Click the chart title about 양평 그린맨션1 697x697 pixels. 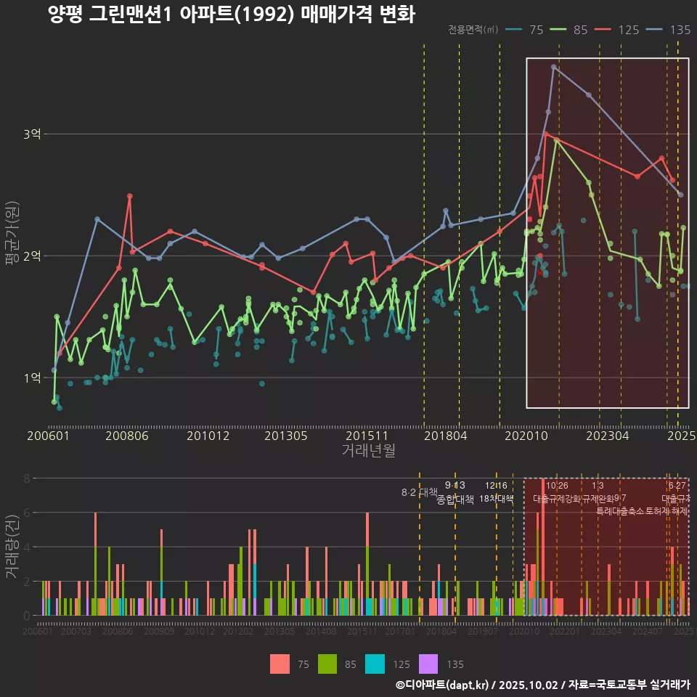pyautogui.click(x=231, y=15)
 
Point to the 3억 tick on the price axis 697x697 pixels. pyautogui.click(x=32, y=134)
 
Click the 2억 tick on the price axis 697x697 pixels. pyautogui.click(x=32, y=256)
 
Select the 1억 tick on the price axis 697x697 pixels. pyautogui.click(x=32, y=378)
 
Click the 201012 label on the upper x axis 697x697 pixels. pyautogui.click(x=208, y=436)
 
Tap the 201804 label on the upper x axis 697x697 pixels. pyautogui.click(x=445, y=436)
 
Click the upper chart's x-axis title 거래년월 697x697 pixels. pyautogui.click(x=368, y=451)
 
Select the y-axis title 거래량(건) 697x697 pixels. pyautogui.click(x=12, y=546)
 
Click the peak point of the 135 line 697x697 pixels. pyautogui.click(x=554, y=67)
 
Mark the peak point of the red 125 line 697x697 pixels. pyautogui.click(x=546, y=134)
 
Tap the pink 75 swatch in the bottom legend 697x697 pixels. pyautogui.click(x=280, y=664)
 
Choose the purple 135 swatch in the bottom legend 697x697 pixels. pyautogui.click(x=430, y=664)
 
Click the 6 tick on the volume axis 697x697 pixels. pyautogui.click(x=27, y=513)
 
